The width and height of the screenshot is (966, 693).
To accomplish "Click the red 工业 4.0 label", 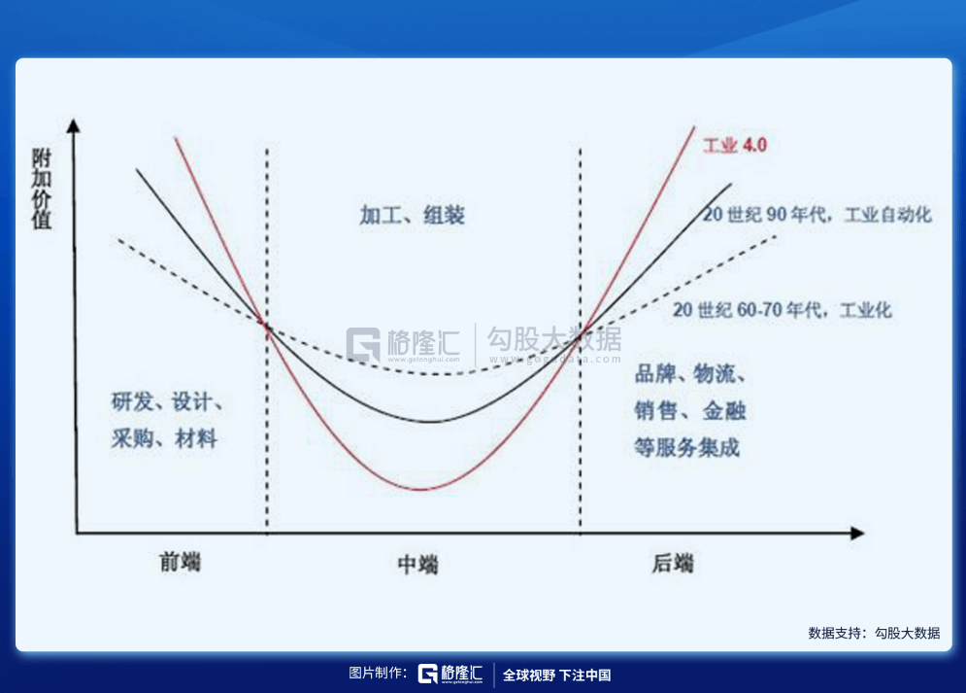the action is (x=735, y=146).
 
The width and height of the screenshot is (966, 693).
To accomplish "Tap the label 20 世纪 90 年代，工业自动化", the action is (x=816, y=215).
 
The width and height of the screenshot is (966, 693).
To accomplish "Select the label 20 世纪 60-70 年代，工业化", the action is (x=782, y=309).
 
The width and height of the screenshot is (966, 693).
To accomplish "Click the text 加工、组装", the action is (x=413, y=215).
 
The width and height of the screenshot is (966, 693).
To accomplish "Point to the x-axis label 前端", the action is (x=180, y=562).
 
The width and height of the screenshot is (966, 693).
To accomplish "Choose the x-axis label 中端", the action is (x=417, y=564).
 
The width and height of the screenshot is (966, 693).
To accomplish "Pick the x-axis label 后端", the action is (x=673, y=563).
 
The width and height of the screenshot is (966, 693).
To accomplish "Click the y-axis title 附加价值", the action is (x=42, y=189).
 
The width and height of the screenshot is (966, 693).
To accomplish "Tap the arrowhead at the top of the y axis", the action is (x=74, y=125).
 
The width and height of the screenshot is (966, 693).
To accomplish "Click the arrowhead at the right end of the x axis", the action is (x=857, y=534).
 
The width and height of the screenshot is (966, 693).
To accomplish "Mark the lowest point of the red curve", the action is (x=420, y=490).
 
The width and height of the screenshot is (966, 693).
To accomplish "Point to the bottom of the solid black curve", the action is (x=431, y=422).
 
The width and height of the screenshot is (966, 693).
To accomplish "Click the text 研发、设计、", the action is (x=167, y=402).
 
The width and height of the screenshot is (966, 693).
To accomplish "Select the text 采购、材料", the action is (x=164, y=438).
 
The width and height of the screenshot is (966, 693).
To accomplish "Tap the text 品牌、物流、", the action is (x=690, y=373).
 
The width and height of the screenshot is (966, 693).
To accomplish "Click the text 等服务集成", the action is (x=687, y=448).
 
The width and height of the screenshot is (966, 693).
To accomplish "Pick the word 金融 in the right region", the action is (x=724, y=410).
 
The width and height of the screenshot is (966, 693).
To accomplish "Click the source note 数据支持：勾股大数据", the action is (x=874, y=633).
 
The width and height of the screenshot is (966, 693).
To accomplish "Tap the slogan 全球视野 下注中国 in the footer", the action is (x=557, y=676).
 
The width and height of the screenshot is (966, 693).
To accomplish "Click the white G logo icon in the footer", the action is (x=427, y=674).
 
